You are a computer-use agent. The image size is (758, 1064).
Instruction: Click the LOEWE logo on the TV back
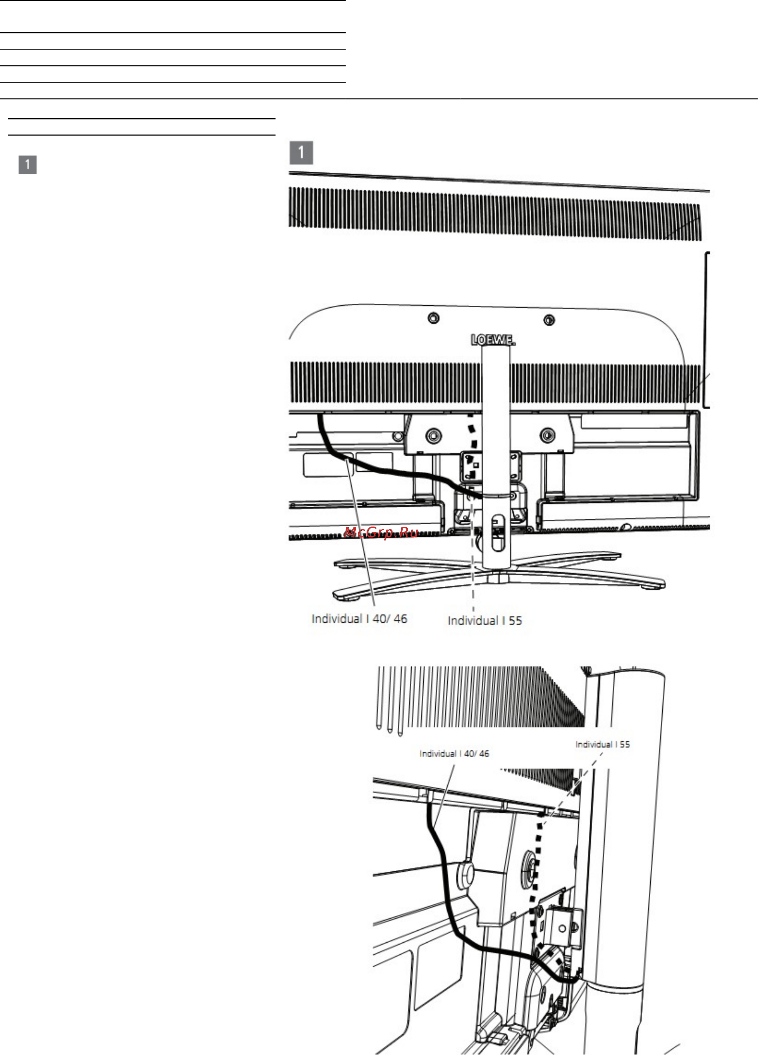[x=493, y=340]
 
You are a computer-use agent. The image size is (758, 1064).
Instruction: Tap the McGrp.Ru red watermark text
[x=381, y=533]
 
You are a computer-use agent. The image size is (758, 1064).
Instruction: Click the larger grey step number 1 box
[x=301, y=153]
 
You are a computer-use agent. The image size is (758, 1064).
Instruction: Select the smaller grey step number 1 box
[x=27, y=165]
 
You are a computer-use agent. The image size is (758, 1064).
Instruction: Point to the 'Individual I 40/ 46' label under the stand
[x=359, y=619]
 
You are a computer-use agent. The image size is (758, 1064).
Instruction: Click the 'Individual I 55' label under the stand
[x=485, y=621]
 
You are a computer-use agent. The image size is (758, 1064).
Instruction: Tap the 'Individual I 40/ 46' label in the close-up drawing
[x=454, y=753]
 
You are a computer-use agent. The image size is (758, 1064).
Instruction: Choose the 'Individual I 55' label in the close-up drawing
[x=603, y=744]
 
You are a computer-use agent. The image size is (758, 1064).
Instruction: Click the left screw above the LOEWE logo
[x=433, y=318]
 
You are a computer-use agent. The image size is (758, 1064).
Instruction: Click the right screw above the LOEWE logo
[x=549, y=320]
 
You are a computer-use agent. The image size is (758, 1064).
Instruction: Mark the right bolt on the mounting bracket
[x=547, y=435]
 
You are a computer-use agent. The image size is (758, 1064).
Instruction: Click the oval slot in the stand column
[x=498, y=533]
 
